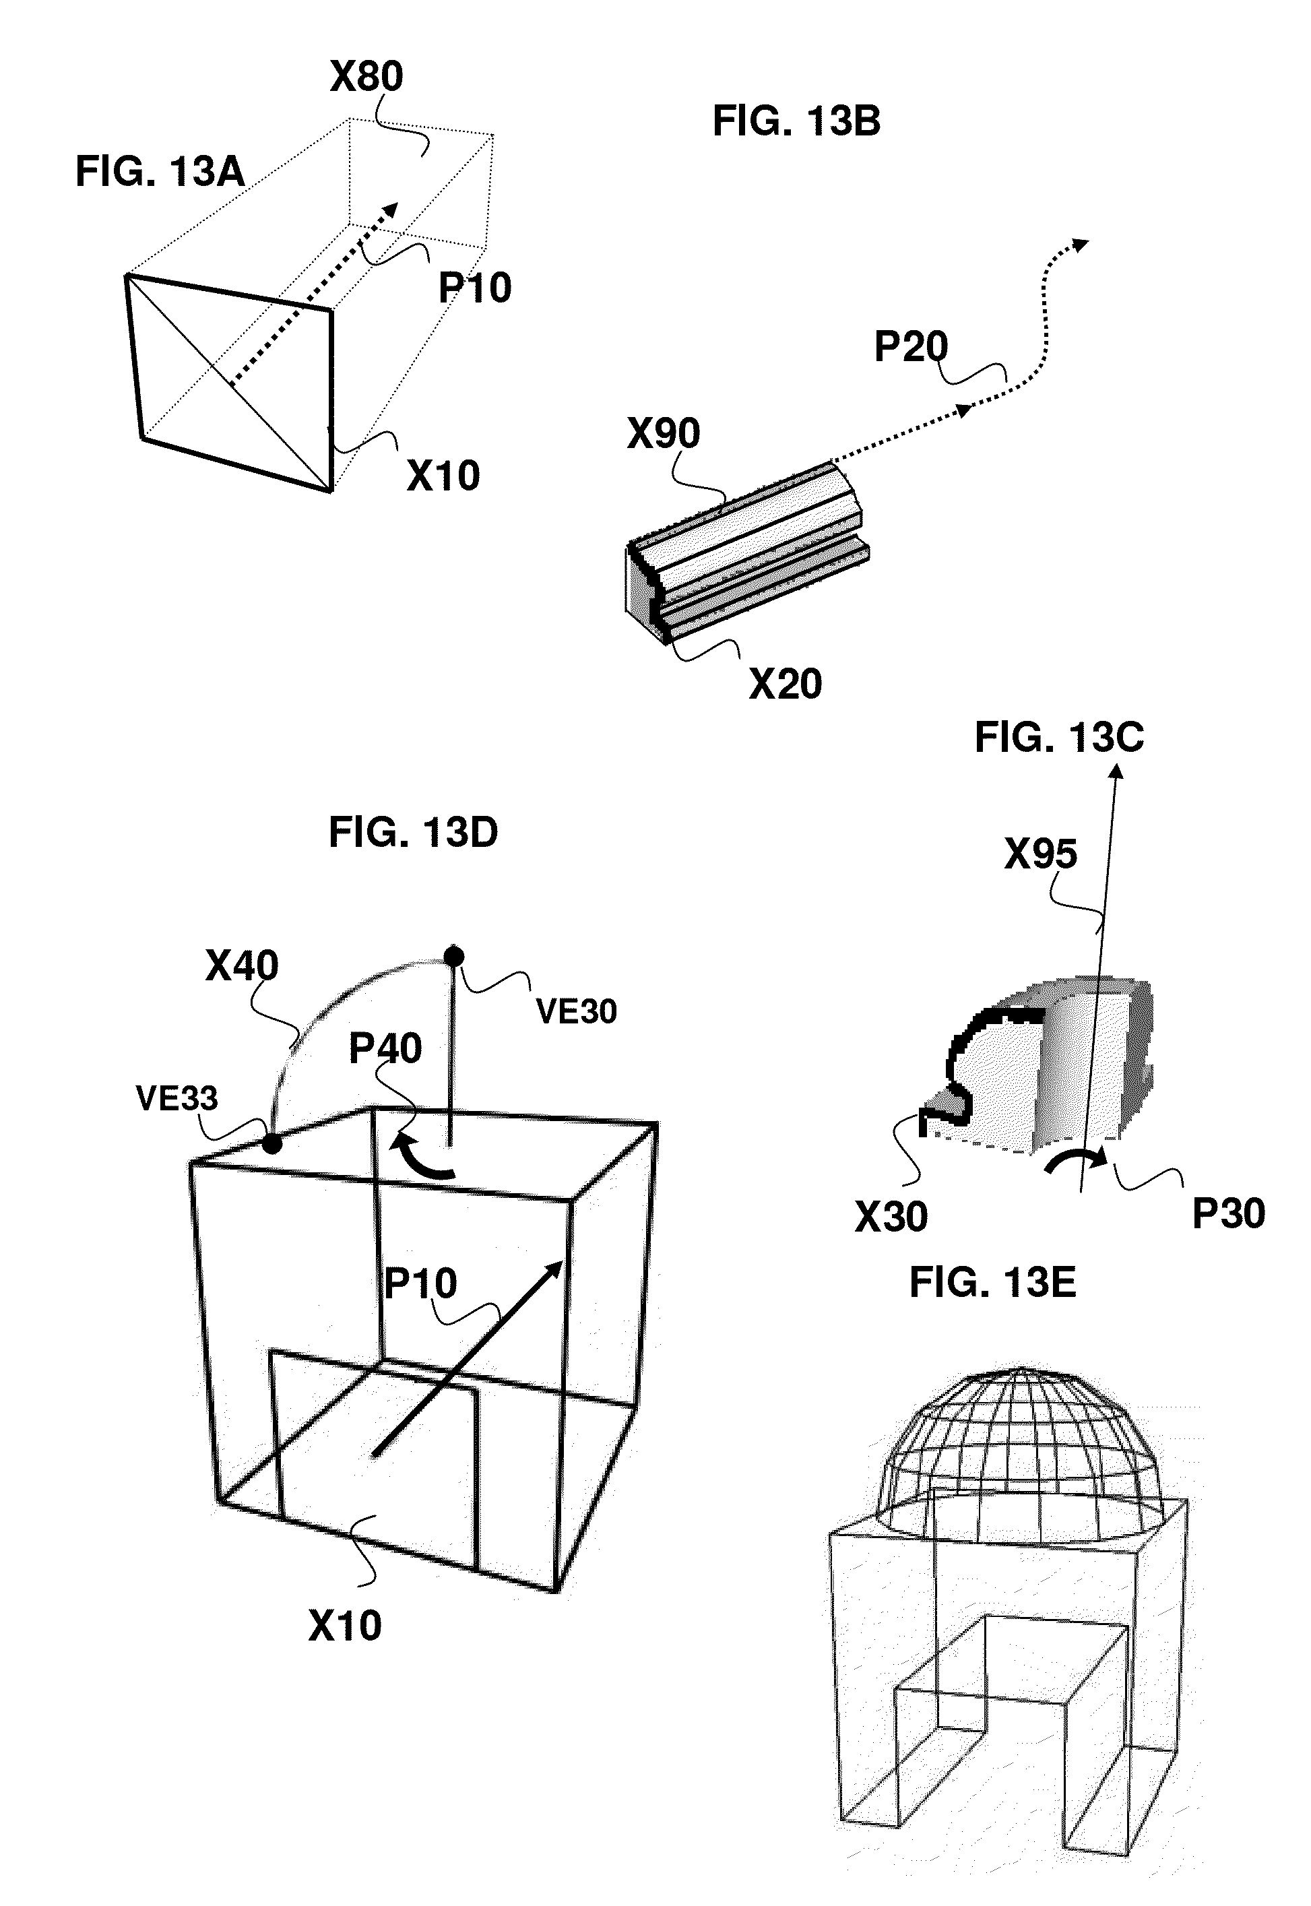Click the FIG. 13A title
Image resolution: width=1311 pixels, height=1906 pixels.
(160, 172)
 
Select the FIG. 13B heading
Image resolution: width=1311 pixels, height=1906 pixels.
(796, 121)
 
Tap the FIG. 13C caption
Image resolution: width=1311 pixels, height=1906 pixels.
(1059, 737)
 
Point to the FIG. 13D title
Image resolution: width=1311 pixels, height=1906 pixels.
(413, 833)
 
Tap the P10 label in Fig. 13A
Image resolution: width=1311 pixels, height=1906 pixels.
(475, 288)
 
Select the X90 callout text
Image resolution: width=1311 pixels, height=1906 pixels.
(664, 433)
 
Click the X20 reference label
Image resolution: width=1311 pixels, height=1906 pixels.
(786, 685)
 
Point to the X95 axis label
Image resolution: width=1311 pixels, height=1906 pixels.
(1041, 854)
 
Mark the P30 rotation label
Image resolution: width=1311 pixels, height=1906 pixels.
(1228, 1213)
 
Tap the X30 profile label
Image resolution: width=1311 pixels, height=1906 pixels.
(891, 1217)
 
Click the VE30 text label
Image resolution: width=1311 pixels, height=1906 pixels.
(576, 1011)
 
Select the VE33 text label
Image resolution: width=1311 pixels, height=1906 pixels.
(177, 1098)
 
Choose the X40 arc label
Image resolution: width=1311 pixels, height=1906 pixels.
(241, 966)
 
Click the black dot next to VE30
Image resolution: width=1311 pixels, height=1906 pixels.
(453, 956)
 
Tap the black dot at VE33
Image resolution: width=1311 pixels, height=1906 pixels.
(272, 1143)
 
